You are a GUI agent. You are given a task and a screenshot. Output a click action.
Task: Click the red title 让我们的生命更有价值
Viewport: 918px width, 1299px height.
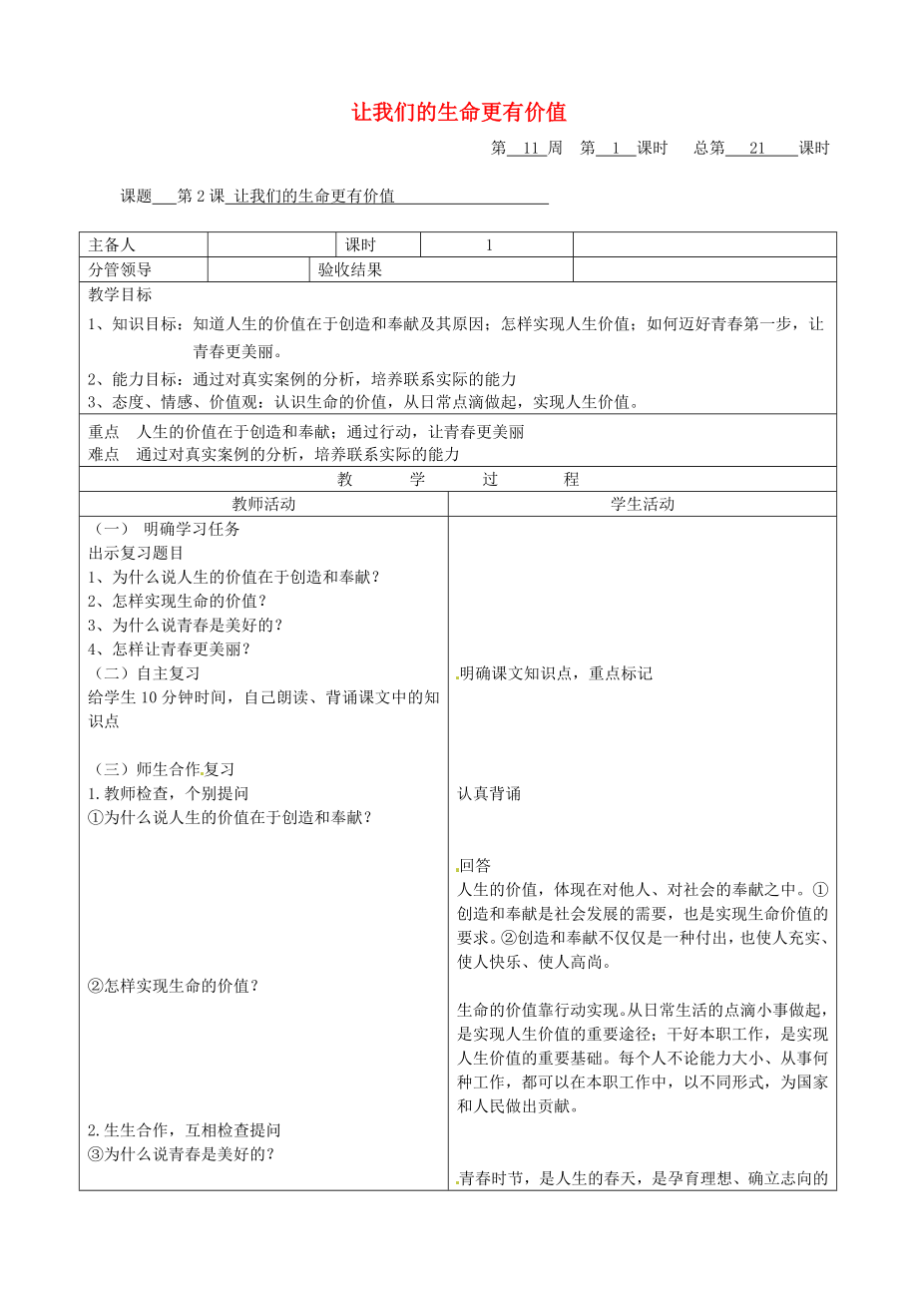[x=459, y=112]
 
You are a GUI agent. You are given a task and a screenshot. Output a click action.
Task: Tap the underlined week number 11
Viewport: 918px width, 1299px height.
[x=530, y=149]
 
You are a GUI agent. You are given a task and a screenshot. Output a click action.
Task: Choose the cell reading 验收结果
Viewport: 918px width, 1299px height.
[x=350, y=269]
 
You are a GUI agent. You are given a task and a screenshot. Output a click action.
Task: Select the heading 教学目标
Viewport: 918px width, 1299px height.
[x=121, y=295]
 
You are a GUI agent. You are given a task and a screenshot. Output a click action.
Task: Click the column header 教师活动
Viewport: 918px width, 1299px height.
[x=263, y=505]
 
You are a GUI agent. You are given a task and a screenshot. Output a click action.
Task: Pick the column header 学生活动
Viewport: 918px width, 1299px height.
[x=643, y=505]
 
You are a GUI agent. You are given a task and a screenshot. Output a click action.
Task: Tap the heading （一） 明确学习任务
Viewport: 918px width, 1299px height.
[x=165, y=530]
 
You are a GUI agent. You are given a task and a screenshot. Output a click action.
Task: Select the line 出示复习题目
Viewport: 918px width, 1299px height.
[x=136, y=553]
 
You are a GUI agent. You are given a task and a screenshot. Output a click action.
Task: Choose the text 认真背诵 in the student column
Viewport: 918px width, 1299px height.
[x=489, y=794]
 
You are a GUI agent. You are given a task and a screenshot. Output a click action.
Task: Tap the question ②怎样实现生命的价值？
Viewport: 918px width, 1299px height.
[x=174, y=986]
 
